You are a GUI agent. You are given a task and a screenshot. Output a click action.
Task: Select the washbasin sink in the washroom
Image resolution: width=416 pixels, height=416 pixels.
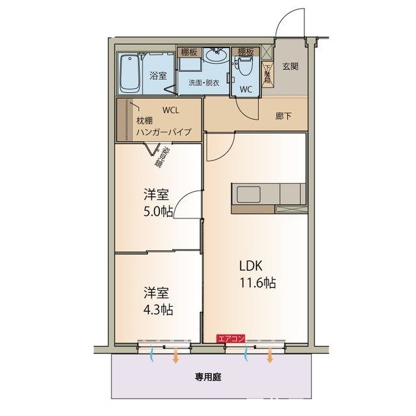(x=216, y=57)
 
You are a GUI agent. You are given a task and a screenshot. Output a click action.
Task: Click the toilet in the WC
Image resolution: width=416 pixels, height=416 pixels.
(x=245, y=66)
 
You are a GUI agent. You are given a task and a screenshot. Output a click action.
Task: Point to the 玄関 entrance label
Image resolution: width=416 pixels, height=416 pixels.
(x=291, y=66)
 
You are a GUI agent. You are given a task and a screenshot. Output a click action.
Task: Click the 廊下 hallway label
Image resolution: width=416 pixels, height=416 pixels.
(x=283, y=116)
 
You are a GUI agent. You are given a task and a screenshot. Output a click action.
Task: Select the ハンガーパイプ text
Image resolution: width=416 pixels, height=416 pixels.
(x=164, y=133)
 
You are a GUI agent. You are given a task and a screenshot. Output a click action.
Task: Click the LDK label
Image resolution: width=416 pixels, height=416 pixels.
(x=250, y=265)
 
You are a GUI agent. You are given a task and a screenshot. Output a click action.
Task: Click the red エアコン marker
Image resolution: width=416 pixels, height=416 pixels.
(x=231, y=339)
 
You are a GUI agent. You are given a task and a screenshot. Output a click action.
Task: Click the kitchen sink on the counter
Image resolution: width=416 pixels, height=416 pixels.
(x=247, y=194)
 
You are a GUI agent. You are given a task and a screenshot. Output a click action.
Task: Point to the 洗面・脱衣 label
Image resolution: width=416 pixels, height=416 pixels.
(x=204, y=83)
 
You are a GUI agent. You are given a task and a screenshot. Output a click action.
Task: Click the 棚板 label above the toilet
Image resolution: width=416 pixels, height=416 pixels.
(x=245, y=51)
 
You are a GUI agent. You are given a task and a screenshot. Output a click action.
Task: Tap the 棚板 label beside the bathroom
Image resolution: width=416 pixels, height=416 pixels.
(x=189, y=51)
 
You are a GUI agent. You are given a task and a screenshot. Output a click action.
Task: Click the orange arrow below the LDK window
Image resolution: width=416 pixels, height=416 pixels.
(x=270, y=356)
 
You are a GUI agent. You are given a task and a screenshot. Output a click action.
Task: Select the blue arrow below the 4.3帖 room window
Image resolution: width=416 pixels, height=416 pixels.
(x=153, y=355)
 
